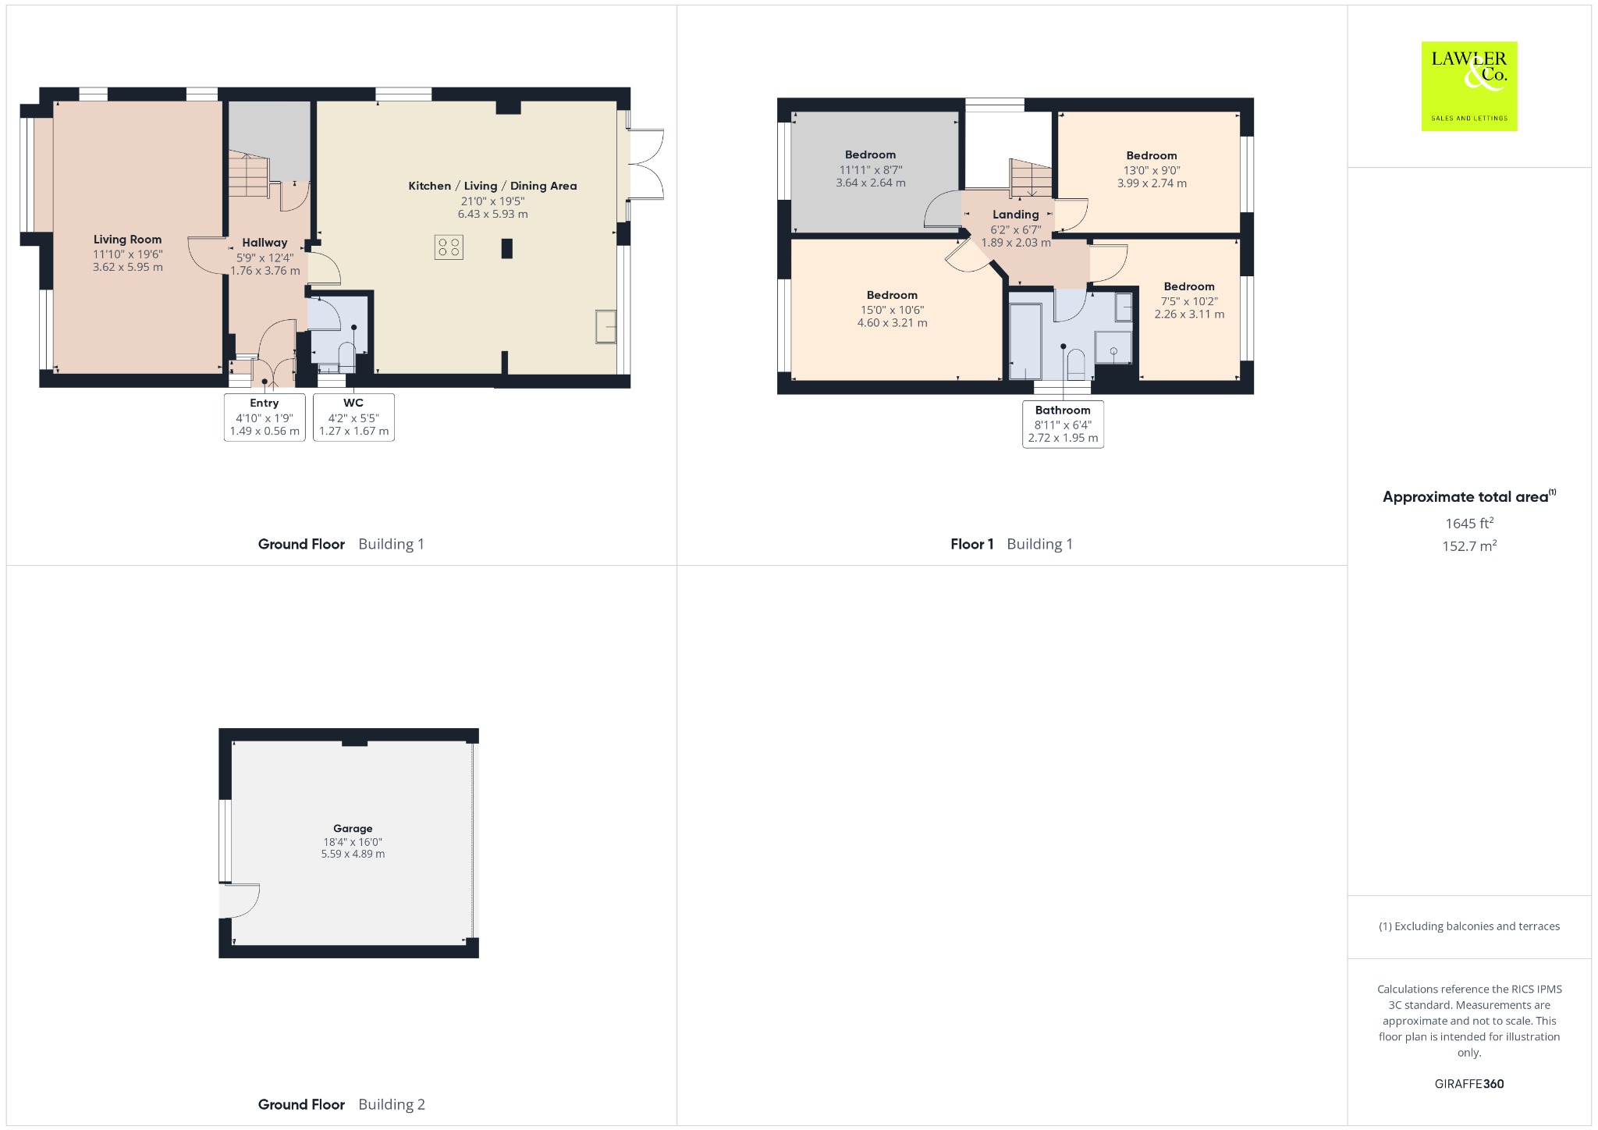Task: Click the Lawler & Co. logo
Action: click(x=1469, y=86)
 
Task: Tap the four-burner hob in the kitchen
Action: click(x=449, y=247)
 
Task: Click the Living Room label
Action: click(x=127, y=240)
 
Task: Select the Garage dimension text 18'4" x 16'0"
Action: click(x=353, y=842)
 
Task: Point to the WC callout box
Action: click(x=353, y=418)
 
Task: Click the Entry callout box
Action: click(x=265, y=418)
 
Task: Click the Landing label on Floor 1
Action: click(x=1015, y=215)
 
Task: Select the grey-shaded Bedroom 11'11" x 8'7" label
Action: click(x=870, y=155)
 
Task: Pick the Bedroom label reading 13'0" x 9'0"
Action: click(x=1151, y=155)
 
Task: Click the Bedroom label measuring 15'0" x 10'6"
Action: click(x=892, y=295)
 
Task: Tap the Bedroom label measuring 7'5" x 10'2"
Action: click(x=1189, y=286)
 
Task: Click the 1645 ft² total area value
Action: click(x=1469, y=524)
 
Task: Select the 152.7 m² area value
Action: click(x=1469, y=546)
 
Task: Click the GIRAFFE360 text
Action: click(x=1469, y=1084)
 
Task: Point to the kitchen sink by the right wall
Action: click(x=606, y=326)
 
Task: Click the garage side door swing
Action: click(x=240, y=901)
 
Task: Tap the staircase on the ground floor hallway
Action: click(x=249, y=174)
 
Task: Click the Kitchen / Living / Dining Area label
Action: click(x=492, y=186)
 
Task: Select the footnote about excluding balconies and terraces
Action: click(x=1469, y=926)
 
